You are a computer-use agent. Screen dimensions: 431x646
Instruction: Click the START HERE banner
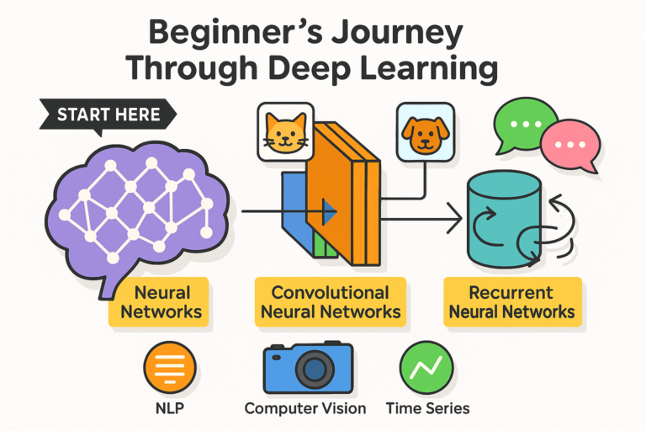click(104, 114)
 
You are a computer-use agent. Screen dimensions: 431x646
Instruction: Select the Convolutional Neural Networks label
click(330, 303)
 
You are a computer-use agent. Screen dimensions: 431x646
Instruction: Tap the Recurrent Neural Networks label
click(511, 303)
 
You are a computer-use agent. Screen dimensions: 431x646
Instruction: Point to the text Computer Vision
click(305, 408)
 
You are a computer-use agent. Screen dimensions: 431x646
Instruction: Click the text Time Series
click(427, 408)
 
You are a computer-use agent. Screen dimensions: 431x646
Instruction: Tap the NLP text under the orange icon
click(170, 408)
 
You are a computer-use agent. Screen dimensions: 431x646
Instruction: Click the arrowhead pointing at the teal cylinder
click(457, 221)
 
